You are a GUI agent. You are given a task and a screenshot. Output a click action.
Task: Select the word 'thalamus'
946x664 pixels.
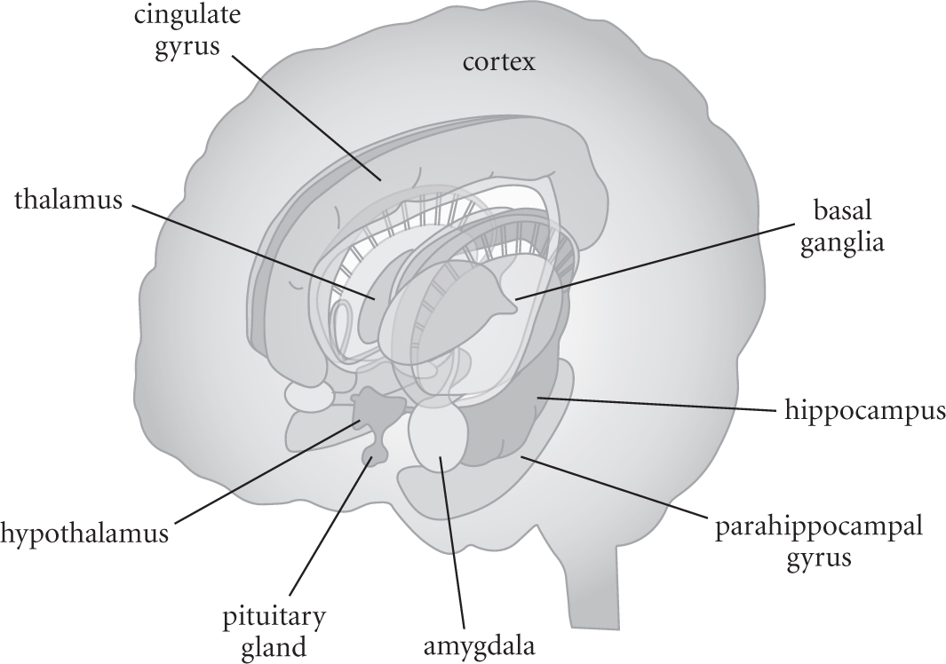(68, 201)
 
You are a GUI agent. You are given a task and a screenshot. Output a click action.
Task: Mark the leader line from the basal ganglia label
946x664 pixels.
(657, 262)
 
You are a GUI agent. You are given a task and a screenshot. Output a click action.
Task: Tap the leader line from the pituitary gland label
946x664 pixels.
(329, 533)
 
